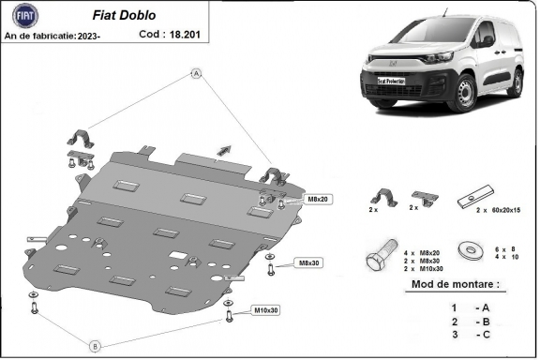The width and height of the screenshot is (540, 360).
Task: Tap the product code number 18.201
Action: [x=184, y=34]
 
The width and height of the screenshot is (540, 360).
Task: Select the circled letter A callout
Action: [x=197, y=73]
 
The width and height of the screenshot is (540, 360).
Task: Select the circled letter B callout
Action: [x=95, y=346]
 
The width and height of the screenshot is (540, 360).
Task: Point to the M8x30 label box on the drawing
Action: [x=307, y=262]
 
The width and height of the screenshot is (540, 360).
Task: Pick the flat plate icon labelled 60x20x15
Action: [x=469, y=199]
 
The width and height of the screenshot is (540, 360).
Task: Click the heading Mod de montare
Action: [x=455, y=283]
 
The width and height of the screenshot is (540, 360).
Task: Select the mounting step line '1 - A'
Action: [x=468, y=307]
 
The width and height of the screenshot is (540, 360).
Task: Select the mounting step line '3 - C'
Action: [x=468, y=335]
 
